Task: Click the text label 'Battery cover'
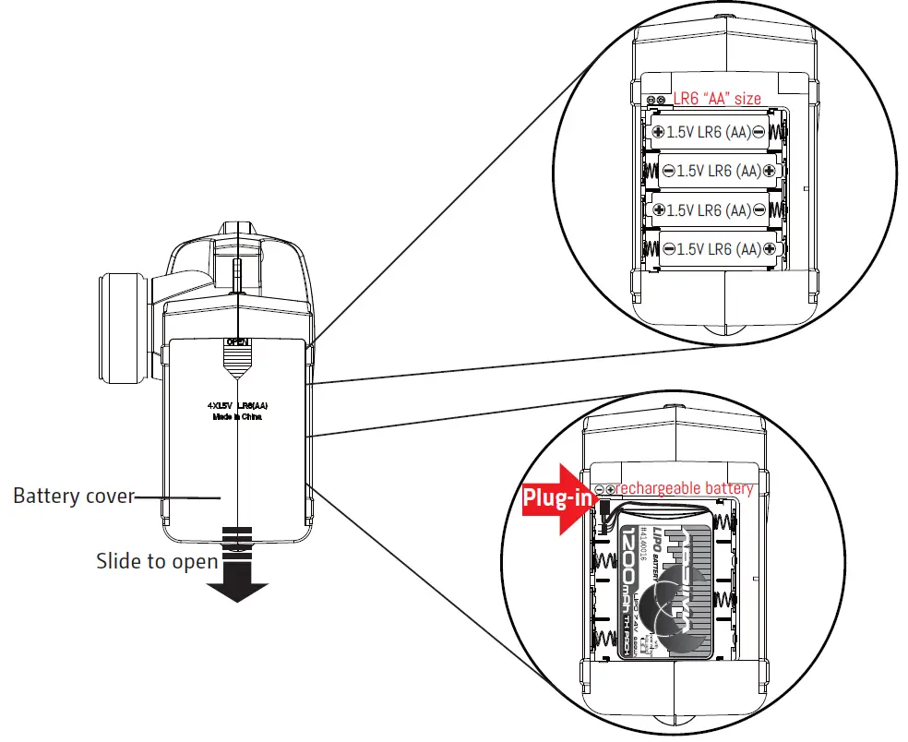(73, 497)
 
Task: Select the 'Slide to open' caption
(157, 561)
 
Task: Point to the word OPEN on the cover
(238, 341)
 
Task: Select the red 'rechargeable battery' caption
(684, 487)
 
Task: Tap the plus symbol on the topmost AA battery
(658, 133)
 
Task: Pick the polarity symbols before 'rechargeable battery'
(603, 488)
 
